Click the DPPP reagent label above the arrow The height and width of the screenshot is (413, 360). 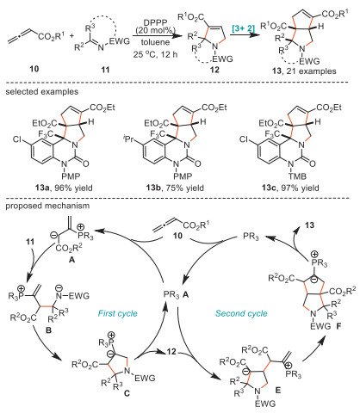point(155,22)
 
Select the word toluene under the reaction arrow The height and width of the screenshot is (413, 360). point(155,42)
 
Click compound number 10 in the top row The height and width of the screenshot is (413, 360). point(34,69)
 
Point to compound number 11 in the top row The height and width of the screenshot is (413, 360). point(105,70)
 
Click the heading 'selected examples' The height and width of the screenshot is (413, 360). point(42,92)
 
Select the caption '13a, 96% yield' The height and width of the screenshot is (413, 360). point(64,188)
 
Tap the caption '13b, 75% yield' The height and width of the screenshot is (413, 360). point(175,188)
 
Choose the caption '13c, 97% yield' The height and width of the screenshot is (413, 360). point(290,188)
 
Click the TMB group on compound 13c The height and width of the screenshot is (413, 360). point(297,176)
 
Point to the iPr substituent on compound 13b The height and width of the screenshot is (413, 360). point(128,140)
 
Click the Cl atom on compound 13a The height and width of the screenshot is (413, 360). point(17,139)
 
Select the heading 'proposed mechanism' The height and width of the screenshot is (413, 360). point(47,206)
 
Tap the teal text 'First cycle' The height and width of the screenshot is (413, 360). point(118,313)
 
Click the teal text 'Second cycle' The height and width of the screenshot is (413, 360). point(241,313)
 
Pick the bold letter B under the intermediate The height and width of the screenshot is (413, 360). point(48,330)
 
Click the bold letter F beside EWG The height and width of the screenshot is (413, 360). point(338,326)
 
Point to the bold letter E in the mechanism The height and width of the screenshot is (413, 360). point(277,390)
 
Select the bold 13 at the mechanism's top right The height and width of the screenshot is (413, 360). point(309,225)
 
